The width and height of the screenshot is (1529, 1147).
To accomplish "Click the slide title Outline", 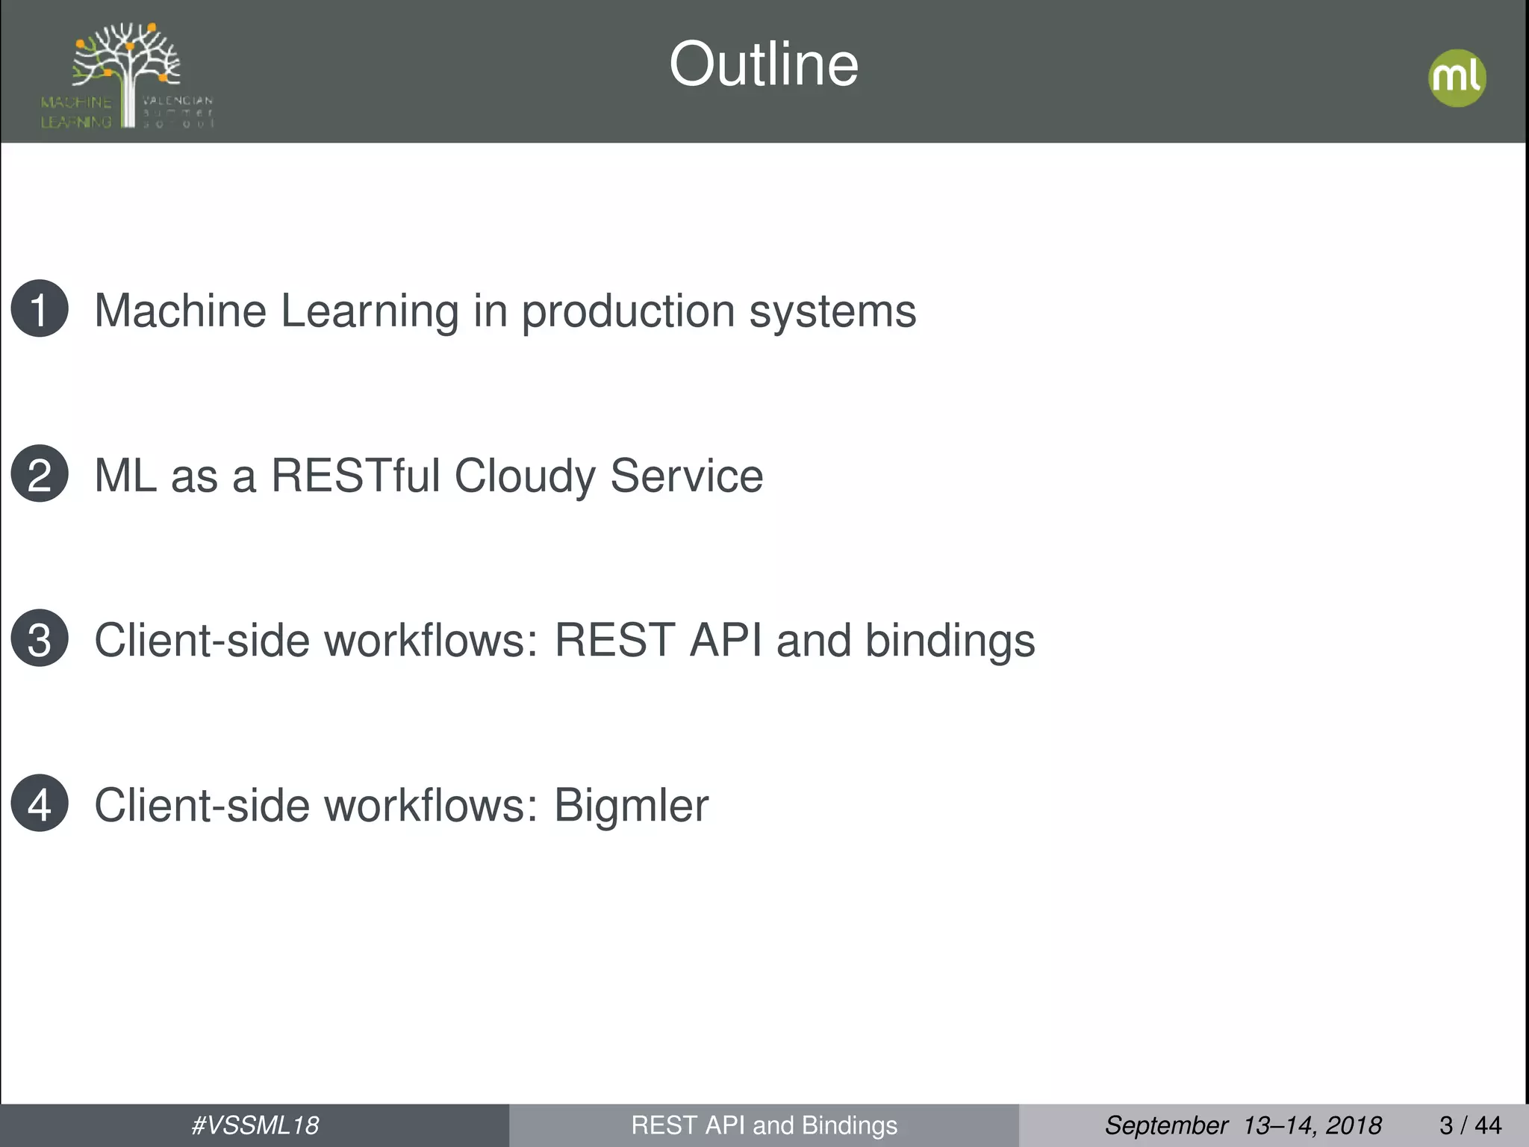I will pos(764,64).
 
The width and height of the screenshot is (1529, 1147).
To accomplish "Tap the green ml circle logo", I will pos(1457,78).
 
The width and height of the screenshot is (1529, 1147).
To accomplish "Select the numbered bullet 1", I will pos(40,308).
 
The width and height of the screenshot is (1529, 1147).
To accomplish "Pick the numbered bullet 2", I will pos(40,473).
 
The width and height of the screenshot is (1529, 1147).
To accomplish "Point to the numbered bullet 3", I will pos(40,638).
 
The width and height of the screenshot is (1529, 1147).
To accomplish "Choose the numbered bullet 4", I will pos(40,803).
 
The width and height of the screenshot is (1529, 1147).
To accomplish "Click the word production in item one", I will pos(628,311).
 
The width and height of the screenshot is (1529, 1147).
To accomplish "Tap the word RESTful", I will pos(355,476).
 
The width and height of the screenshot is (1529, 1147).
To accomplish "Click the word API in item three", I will pos(726,640).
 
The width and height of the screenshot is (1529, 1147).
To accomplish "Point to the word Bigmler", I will pos(631,806).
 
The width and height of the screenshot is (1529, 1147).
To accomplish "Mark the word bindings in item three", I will pos(950,641).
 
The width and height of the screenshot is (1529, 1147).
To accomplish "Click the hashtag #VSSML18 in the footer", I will pos(255,1125).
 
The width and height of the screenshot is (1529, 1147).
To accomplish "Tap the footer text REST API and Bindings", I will pos(764,1125).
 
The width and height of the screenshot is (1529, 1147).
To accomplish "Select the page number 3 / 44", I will pos(1470,1125).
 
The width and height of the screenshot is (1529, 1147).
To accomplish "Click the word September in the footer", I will pos(1166,1125).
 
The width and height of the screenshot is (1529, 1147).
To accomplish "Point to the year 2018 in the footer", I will pos(1354,1125).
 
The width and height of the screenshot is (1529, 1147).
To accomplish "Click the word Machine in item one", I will pos(180,311).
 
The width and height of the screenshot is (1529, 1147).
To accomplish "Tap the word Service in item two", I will pos(687,476).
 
